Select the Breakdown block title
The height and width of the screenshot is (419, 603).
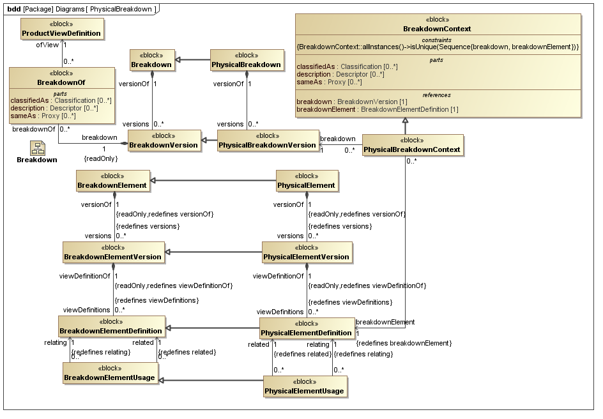tap(151, 65)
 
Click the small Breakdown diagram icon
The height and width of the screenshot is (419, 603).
tap(36, 149)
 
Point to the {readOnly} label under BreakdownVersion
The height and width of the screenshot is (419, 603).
tap(101, 158)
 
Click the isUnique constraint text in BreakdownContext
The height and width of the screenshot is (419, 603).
tap(438, 47)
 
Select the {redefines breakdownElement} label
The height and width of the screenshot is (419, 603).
tap(404, 344)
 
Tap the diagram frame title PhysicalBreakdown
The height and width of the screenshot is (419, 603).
tap(121, 8)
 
